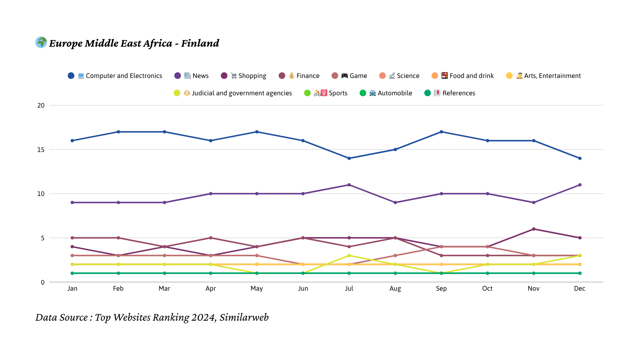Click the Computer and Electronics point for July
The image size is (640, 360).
pyautogui.click(x=349, y=158)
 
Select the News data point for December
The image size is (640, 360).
pyautogui.click(x=580, y=185)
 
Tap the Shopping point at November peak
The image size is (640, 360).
pyautogui.click(x=534, y=229)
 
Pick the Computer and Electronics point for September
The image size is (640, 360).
pyautogui.click(x=441, y=132)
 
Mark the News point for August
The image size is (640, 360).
pyautogui.click(x=395, y=203)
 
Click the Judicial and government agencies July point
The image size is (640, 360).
pyautogui.click(x=349, y=256)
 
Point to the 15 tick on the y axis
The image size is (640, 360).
pyautogui.click(x=41, y=150)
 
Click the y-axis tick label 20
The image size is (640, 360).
pyautogui.click(x=41, y=105)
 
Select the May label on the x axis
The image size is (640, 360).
pyautogui.click(x=257, y=289)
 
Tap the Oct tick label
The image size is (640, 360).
pyautogui.click(x=487, y=289)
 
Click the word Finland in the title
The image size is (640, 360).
pyautogui.click(x=200, y=43)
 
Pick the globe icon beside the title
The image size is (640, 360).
pyautogui.click(x=41, y=42)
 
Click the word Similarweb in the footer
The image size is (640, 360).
pyautogui.click(x=244, y=317)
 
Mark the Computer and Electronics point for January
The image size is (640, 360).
pyautogui.click(x=72, y=141)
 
